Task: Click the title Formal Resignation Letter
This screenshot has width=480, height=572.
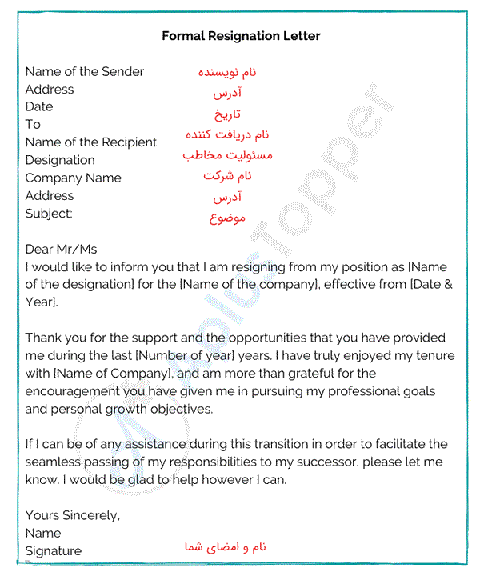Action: point(241,36)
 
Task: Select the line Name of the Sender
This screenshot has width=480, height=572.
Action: point(85,72)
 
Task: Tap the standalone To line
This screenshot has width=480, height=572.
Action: point(33,125)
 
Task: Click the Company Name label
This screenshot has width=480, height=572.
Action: point(74,178)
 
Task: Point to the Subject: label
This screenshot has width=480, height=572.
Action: point(49,214)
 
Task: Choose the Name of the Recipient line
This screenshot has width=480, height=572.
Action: point(91,142)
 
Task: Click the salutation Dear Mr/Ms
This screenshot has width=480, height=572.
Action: point(61,250)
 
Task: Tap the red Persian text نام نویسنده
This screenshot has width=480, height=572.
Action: point(227,73)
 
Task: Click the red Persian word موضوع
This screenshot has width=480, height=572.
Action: point(227,218)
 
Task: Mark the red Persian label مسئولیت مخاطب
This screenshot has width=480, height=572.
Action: point(227,154)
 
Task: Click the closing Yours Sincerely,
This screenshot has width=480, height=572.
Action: point(73,516)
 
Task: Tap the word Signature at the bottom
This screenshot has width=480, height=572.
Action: point(54,551)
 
